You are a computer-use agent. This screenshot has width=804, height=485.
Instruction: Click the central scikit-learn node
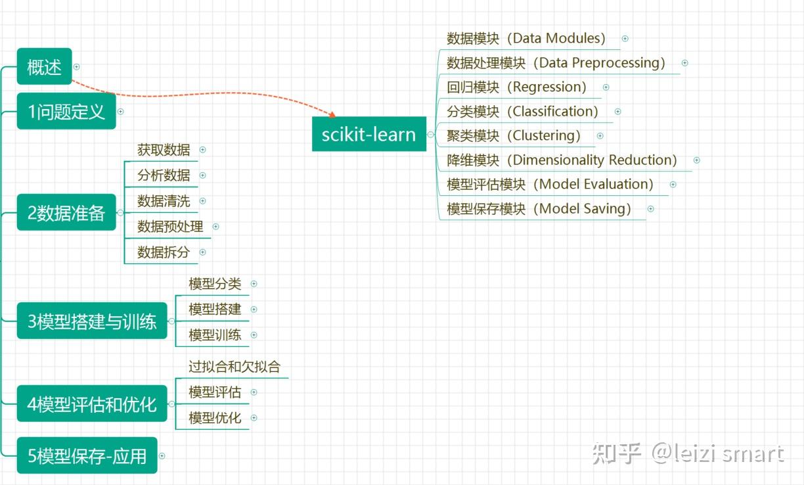tap(368, 134)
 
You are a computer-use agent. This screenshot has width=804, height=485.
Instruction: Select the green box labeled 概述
tap(44, 67)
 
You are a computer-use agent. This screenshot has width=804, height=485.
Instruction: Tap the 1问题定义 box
tap(66, 111)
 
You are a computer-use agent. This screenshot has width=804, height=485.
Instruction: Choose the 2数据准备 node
tap(66, 213)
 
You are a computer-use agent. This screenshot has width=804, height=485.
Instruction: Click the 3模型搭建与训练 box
tap(92, 321)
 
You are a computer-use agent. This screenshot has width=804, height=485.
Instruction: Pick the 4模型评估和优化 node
tap(92, 404)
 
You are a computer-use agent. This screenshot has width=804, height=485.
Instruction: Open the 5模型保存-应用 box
tap(87, 455)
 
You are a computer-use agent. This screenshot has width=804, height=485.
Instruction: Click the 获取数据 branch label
tap(164, 150)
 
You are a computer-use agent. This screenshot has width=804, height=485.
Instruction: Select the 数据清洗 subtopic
tap(164, 201)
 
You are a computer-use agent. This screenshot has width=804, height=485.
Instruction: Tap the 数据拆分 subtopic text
tap(164, 252)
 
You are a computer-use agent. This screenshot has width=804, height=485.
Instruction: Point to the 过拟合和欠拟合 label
tap(234, 367)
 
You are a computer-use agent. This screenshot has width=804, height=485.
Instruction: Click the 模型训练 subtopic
tap(215, 335)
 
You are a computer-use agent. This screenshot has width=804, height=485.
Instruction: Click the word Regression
tap(548, 87)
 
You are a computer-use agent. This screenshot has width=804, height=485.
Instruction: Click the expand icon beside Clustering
tap(600, 136)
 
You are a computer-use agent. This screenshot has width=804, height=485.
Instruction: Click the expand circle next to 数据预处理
tap(215, 227)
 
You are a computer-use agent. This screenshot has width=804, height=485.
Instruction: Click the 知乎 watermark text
tap(615, 453)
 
